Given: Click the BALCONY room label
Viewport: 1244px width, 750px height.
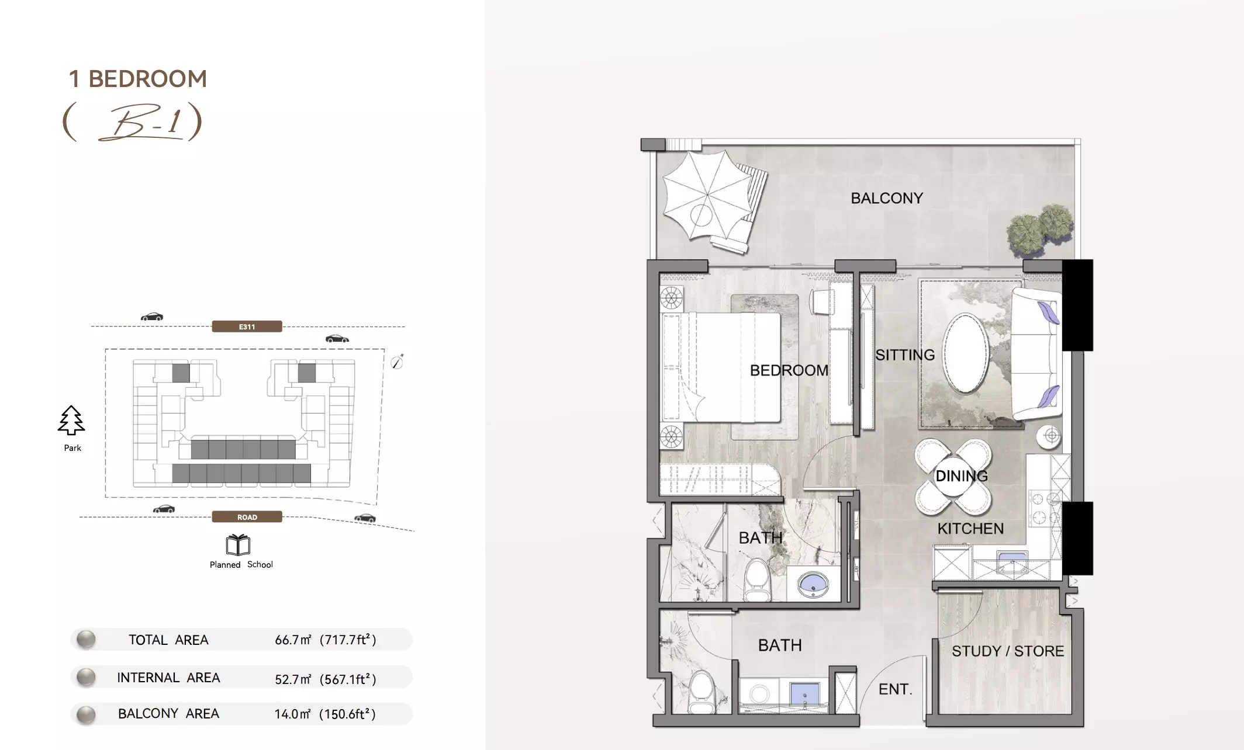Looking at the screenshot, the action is pos(887,198).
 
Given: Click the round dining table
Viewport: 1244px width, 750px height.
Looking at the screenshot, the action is pos(953,476).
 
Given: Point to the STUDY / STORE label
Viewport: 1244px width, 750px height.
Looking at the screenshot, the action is pos(1008,651).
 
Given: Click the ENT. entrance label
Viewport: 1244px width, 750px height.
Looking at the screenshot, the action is pos(896,689).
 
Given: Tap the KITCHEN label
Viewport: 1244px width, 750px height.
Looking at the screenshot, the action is pos(970,529).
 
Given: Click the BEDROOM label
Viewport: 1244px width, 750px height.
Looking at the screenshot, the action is pos(789,370).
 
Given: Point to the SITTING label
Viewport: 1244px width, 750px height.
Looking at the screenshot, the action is pos(905,355).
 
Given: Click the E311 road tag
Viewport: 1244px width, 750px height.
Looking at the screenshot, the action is pos(247,327).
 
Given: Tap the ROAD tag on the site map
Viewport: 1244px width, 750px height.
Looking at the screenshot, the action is pos(247,517).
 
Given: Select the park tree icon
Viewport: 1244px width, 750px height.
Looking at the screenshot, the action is pos(71,421).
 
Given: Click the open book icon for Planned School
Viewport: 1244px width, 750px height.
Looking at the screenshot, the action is pos(238,545).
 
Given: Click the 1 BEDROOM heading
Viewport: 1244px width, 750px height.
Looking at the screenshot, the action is pos(138,79).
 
